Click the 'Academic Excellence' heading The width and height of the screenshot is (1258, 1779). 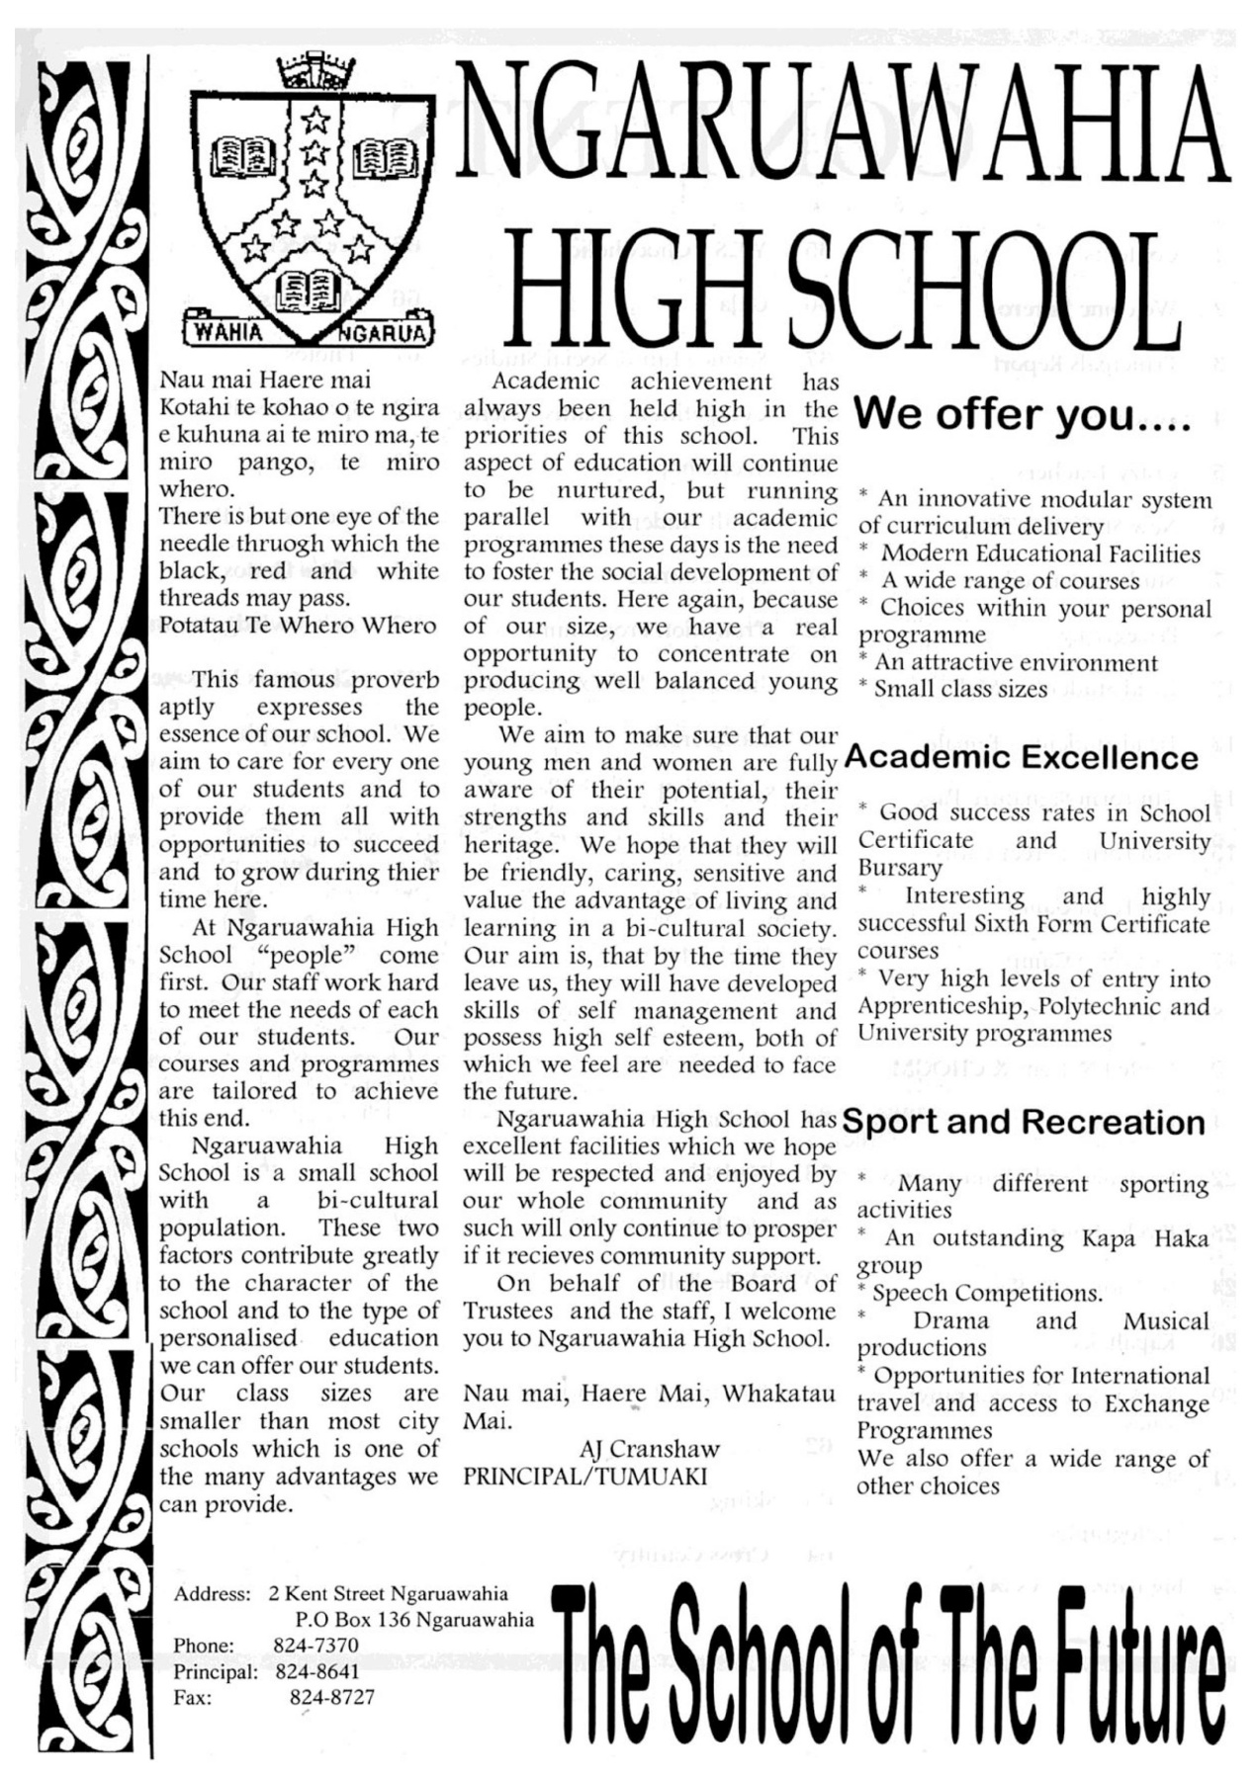[x=1022, y=758]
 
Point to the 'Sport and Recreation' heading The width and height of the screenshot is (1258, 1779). [x=1024, y=1122]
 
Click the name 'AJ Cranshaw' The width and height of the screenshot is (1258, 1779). [x=649, y=1449]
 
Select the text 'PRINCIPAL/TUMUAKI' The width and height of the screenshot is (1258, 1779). [x=585, y=1477]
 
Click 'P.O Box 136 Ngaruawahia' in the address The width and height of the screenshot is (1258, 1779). [x=414, y=1620]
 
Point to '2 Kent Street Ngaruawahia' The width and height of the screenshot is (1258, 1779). [x=388, y=1593]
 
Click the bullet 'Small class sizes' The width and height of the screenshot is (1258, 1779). [x=959, y=689]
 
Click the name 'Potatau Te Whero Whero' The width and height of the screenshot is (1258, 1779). [x=298, y=626]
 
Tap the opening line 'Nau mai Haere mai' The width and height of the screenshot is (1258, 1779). [x=265, y=381]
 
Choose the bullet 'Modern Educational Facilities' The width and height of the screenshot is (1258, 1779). [x=1039, y=553]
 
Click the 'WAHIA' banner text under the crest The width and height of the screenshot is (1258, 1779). [x=228, y=332]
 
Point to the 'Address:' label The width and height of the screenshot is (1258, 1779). [x=212, y=1593]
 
